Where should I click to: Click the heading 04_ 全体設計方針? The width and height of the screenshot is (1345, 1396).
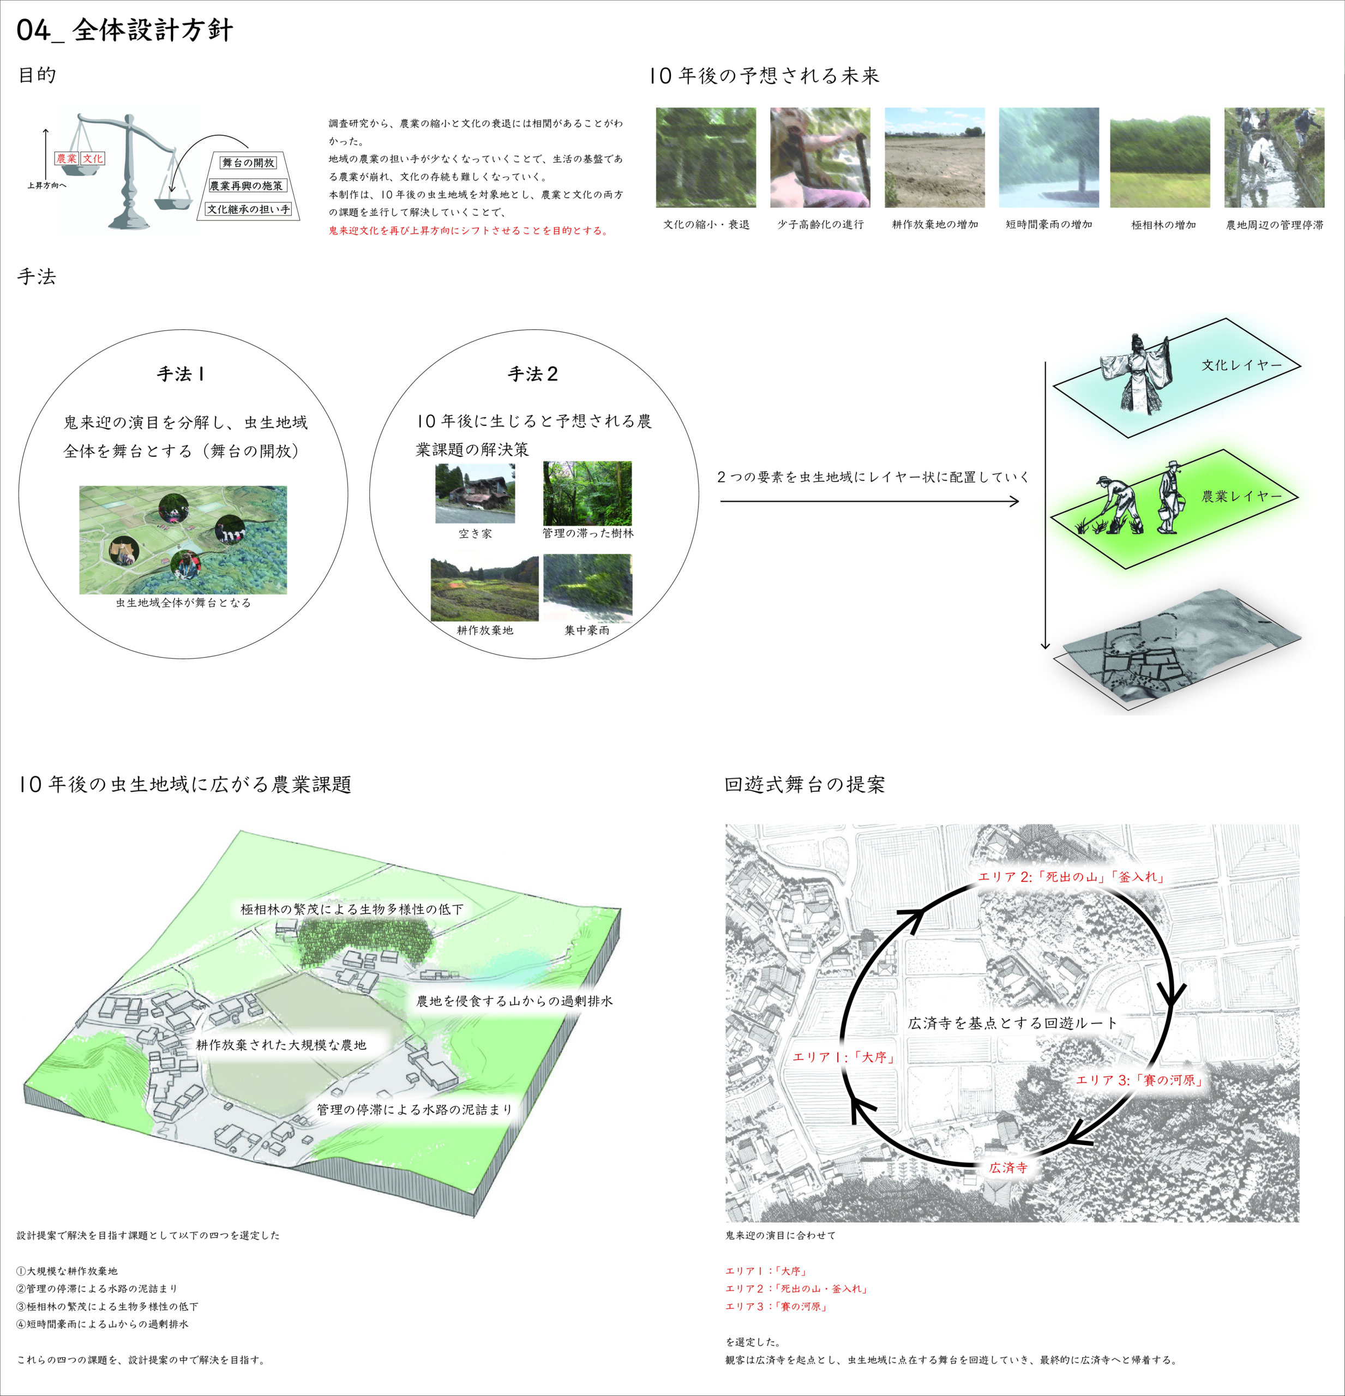click(125, 30)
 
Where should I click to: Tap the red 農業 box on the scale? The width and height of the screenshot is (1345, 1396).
click(66, 158)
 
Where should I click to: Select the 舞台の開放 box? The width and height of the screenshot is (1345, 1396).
click(248, 163)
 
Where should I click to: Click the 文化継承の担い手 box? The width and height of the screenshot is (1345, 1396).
click(249, 209)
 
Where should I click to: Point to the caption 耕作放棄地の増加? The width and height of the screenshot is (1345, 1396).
click(935, 224)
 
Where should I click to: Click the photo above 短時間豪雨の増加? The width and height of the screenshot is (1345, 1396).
click(1049, 158)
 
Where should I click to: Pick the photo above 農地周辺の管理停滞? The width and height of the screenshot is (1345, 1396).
click(1274, 158)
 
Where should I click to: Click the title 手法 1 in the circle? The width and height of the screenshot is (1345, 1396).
click(181, 374)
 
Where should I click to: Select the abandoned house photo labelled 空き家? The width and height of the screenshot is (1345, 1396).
click(475, 493)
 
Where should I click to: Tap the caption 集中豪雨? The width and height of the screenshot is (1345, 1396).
click(586, 630)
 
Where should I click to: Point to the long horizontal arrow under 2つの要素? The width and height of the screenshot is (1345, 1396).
click(869, 502)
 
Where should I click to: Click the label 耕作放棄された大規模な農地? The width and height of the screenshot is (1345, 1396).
click(281, 1045)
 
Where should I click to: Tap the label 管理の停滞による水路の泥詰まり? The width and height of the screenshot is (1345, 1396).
click(414, 1109)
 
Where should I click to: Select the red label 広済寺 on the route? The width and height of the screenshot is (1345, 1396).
click(1008, 1168)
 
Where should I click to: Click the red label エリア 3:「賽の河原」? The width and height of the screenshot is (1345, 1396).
click(1138, 1080)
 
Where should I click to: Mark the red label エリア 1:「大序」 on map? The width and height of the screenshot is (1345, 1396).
click(843, 1057)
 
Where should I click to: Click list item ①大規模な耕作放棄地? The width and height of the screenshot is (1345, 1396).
click(67, 1271)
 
